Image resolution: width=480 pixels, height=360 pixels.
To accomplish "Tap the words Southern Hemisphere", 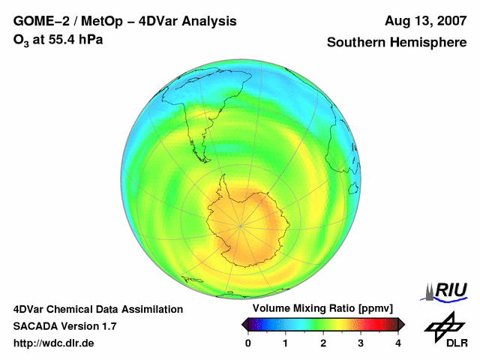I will [397, 43].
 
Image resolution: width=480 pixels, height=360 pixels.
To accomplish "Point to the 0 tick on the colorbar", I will [248, 343].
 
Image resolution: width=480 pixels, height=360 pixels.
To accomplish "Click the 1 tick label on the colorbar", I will [286, 343].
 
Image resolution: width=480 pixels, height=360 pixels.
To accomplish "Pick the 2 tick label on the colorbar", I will [323, 343].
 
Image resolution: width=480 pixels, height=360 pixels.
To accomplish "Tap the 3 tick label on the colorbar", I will [361, 343].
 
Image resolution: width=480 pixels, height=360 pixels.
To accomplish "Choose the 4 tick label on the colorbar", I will [398, 343].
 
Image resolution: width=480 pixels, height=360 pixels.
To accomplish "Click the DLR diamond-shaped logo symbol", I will [443, 325].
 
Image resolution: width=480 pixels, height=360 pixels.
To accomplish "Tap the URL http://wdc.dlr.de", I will [54, 343].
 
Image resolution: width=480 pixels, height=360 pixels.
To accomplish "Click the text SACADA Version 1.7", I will [64, 326].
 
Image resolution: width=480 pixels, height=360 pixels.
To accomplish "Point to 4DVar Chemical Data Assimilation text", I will [98, 309].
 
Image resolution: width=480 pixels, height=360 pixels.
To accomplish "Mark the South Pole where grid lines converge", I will [241, 224].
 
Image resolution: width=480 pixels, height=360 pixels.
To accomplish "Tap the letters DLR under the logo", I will [457, 343].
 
